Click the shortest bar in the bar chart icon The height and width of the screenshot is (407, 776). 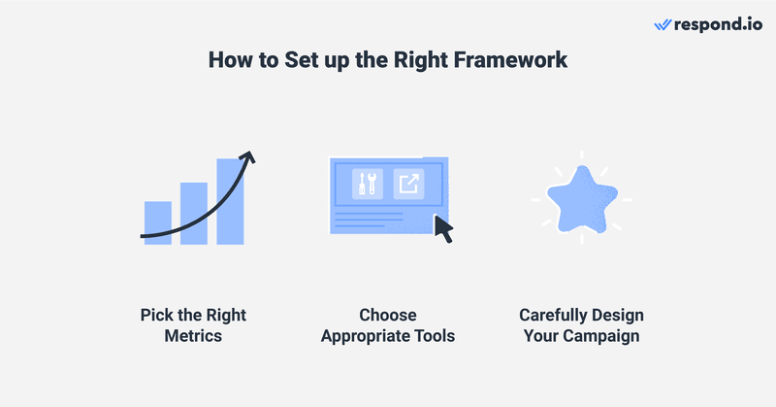click(x=157, y=222)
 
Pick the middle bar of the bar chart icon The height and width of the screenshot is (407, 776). click(x=194, y=213)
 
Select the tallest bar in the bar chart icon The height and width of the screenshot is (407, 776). click(x=230, y=201)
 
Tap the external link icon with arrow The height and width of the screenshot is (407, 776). click(x=408, y=184)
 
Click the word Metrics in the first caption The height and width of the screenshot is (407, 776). click(x=193, y=336)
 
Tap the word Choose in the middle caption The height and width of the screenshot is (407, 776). click(x=387, y=316)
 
